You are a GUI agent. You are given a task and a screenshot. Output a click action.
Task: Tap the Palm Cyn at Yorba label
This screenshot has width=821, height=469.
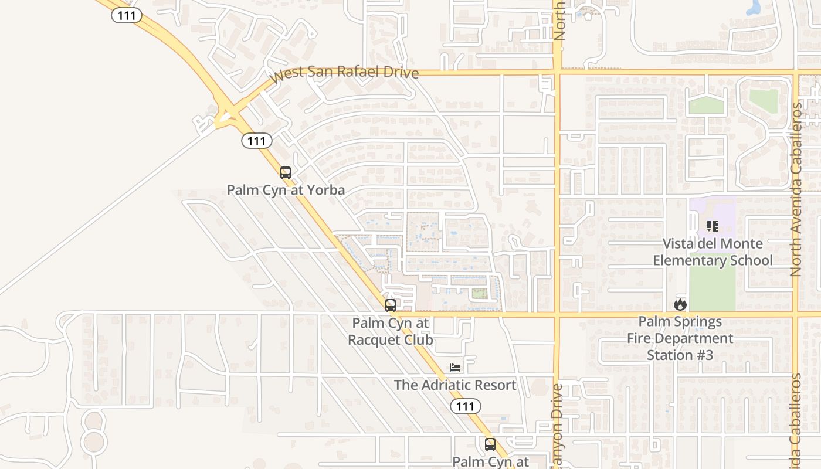tap(286, 190)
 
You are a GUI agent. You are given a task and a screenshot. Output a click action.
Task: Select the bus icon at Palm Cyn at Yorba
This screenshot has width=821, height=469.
tap(286, 173)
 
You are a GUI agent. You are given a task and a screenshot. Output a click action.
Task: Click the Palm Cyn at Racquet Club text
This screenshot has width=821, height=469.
tap(391, 331)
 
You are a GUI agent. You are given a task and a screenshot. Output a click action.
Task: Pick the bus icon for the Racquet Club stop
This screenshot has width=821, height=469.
tap(391, 305)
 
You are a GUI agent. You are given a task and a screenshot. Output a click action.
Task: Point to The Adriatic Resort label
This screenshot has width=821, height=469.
tap(455, 385)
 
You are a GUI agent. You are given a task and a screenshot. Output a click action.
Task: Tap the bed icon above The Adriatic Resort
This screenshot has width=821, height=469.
tap(455, 368)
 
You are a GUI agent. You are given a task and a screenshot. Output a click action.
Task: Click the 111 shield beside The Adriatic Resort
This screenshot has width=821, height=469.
tap(466, 406)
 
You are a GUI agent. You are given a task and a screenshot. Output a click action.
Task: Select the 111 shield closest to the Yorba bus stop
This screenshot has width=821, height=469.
tap(257, 141)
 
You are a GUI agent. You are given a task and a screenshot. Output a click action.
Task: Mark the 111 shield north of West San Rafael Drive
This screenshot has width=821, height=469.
tap(127, 15)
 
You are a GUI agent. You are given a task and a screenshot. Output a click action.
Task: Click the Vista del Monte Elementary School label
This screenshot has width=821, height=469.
tap(713, 252)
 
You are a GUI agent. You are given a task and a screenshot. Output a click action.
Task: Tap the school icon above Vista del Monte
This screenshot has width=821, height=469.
tap(713, 226)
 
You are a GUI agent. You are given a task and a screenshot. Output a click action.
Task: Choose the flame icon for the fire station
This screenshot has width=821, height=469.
tap(680, 304)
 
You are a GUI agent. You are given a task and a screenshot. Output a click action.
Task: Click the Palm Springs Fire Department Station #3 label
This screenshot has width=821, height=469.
tap(680, 338)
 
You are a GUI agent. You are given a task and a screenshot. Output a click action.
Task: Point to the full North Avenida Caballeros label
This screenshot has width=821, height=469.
tap(796, 189)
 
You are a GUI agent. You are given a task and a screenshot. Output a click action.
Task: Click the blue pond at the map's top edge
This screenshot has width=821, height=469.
tap(752, 7)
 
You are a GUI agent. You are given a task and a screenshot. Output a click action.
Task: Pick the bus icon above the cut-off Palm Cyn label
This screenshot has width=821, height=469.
tap(490, 444)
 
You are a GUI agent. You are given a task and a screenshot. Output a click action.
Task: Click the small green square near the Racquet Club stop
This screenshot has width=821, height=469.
tap(480, 294)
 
